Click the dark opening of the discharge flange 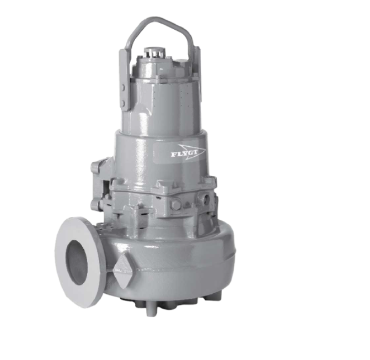tap(77, 262)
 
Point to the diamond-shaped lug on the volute tap(124, 272)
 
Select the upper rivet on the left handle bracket tap(123, 88)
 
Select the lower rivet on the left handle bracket tap(123, 103)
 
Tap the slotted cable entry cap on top tap(154, 52)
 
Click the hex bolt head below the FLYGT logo tap(176, 204)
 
